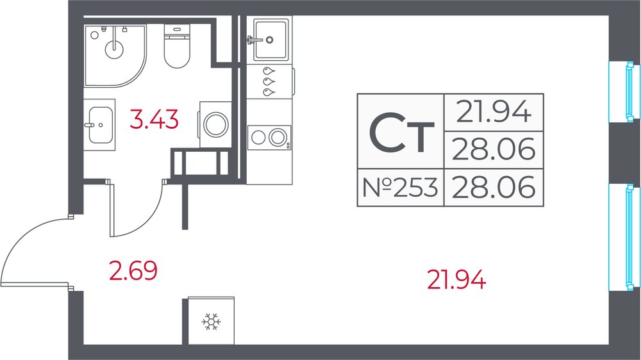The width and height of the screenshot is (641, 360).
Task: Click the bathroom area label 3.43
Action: tap(154, 119)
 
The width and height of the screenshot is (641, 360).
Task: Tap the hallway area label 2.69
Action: tap(133, 270)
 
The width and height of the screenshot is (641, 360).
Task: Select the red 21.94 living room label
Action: tap(456, 280)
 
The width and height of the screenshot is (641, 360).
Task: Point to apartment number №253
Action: tap(400, 188)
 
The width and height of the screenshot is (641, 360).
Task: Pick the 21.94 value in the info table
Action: tap(494, 112)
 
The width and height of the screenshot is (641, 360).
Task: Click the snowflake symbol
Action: tap(212, 322)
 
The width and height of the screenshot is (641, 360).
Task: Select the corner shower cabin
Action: tap(115, 56)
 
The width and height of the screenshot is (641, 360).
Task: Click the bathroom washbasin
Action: tap(100, 125)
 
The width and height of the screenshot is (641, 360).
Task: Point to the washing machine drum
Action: tap(216, 124)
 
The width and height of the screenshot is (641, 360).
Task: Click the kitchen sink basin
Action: tap(271, 40)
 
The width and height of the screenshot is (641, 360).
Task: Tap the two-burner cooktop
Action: tap(269, 137)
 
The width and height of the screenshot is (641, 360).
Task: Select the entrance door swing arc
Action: tap(25, 241)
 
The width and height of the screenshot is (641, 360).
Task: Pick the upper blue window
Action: tap(624, 92)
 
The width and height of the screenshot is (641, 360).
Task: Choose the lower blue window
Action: tap(624, 237)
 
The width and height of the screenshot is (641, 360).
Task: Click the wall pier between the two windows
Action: tap(624, 153)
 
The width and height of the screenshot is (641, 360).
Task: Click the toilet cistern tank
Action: tap(177, 31)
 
